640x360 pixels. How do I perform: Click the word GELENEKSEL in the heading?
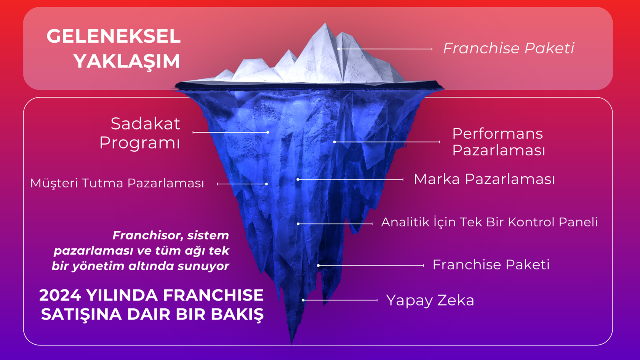(x=114, y=36)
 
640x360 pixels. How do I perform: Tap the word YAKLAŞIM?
(x=127, y=61)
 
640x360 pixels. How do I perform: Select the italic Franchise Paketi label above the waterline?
(x=509, y=48)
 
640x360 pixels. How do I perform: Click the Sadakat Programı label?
(x=140, y=133)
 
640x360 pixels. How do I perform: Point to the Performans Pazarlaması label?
(x=499, y=142)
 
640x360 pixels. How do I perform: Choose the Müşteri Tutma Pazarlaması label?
(x=117, y=183)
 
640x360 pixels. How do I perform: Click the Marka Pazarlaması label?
(x=484, y=179)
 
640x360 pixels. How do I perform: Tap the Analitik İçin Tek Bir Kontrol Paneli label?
(x=490, y=222)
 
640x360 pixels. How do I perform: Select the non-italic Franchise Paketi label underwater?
(x=491, y=264)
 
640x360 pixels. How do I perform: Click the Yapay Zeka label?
(x=430, y=301)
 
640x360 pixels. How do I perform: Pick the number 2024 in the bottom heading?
(x=60, y=295)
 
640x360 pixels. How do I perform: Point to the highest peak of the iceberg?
(x=325, y=24)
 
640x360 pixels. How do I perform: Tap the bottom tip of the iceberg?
(x=291, y=344)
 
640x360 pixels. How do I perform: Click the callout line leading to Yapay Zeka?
(x=340, y=300)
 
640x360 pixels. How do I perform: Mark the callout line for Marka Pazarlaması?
(x=350, y=179)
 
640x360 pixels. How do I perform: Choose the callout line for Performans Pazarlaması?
(x=387, y=142)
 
